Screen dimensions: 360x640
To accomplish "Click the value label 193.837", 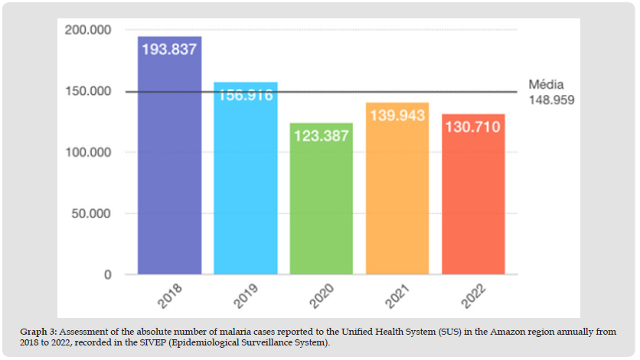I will tap(169, 49).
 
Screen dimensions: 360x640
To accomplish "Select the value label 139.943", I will tap(397, 116).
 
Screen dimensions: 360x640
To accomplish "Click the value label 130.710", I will tap(472, 126).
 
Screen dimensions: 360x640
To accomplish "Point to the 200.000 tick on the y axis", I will tap(90, 31).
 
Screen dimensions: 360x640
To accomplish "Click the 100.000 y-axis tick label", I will tap(90, 152).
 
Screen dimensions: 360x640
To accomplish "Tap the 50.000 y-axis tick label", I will tap(93, 214).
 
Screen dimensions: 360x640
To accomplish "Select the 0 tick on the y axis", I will tap(109, 275).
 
